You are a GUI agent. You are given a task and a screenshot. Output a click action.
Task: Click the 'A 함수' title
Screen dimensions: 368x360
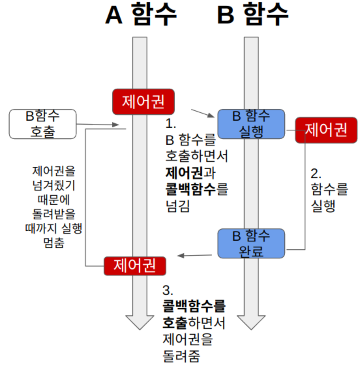pyautogui.click(x=141, y=15)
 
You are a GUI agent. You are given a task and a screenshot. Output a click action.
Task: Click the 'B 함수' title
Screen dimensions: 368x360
pyautogui.click(x=252, y=15)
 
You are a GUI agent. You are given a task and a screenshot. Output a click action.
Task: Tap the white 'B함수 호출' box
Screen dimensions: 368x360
pyautogui.click(x=42, y=124)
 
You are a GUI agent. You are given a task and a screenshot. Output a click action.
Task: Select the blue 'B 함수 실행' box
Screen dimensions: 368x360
pyautogui.click(x=251, y=124)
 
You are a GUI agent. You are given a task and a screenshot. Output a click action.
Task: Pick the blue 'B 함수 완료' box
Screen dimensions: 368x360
pyautogui.click(x=251, y=243)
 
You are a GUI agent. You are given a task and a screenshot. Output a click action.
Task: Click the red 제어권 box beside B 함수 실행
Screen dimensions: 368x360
pyautogui.click(x=326, y=130)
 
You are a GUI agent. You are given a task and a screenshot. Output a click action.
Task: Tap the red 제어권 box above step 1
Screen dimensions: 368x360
pyautogui.click(x=143, y=101)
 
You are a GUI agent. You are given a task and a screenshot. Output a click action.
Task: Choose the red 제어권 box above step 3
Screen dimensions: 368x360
pyautogui.click(x=135, y=266)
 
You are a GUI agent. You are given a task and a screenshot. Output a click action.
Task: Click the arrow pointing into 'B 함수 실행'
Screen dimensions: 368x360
pyautogui.click(x=203, y=113)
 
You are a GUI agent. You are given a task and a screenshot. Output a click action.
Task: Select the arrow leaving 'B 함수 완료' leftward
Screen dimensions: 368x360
pyautogui.click(x=195, y=255)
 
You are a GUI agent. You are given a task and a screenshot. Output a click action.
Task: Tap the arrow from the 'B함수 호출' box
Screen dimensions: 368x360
pyautogui.click(x=97, y=124)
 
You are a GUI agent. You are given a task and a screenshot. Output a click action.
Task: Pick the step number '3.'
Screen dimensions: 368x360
pyautogui.click(x=168, y=290)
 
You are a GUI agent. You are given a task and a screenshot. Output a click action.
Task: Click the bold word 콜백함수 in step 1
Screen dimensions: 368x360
pyautogui.click(x=191, y=189)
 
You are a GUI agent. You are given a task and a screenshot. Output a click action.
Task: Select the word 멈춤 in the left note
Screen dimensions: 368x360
pyautogui.click(x=54, y=243)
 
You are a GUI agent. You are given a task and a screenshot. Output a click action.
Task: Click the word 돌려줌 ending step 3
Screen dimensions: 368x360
pyautogui.click(x=181, y=356)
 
